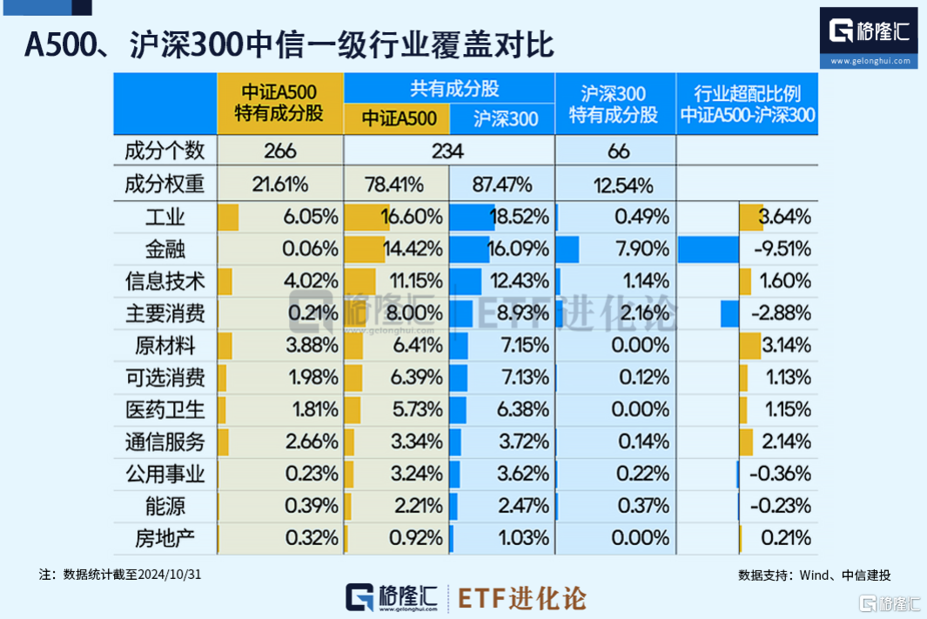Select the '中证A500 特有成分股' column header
pos(279,103)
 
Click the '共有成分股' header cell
pos(449,88)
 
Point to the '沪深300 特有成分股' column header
pos(615,103)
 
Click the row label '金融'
pos(165,249)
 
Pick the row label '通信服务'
pos(165,441)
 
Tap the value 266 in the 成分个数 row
pos(279,151)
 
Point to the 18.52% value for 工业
pos(520,217)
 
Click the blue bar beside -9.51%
pos(708,249)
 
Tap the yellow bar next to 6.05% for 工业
pos(228,217)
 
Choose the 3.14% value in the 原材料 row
pos(786,345)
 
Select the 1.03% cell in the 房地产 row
pos(523,537)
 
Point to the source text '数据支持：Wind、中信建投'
pos(814,575)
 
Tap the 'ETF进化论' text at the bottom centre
pos(522,599)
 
